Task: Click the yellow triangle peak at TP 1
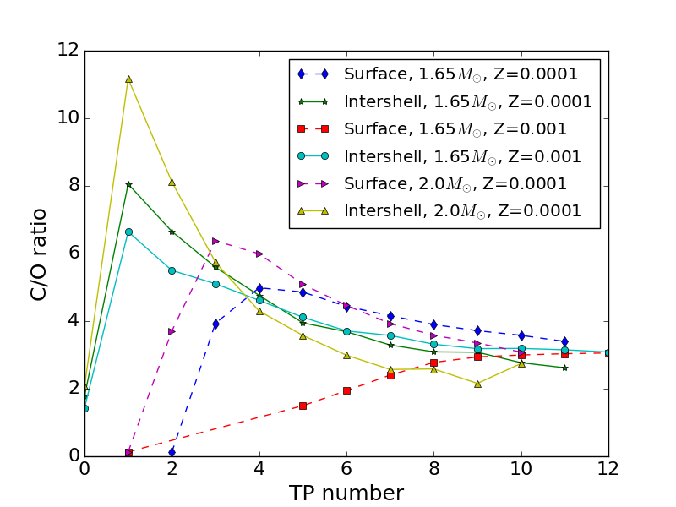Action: [x=128, y=79]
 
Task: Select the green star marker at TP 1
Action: [x=128, y=184]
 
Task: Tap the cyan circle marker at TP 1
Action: [x=128, y=232]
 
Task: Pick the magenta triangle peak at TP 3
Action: [x=215, y=241]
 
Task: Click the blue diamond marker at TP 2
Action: [x=172, y=452]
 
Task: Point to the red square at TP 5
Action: [x=303, y=406]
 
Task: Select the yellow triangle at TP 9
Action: [x=477, y=384]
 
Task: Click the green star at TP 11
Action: [x=564, y=368]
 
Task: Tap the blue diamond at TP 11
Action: [x=564, y=341]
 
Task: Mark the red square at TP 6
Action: [x=346, y=390]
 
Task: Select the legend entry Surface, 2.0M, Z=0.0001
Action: [x=455, y=183]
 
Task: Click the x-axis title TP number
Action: [x=346, y=493]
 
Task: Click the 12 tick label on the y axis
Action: [x=68, y=51]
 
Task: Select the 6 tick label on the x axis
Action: [x=346, y=469]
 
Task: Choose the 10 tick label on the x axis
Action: [x=521, y=469]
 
